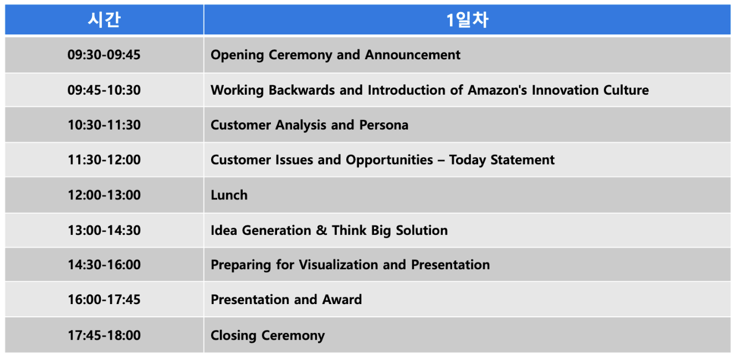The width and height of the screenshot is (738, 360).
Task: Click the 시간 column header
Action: pyautogui.click(x=104, y=20)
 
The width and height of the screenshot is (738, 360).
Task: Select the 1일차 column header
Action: pyautogui.click(x=467, y=20)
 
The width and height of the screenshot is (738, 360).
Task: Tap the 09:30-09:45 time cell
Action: pyautogui.click(x=104, y=55)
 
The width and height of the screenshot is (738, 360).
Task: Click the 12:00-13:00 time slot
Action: pyautogui.click(x=104, y=195)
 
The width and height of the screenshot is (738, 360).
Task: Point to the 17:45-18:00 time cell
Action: pyautogui.click(x=104, y=335)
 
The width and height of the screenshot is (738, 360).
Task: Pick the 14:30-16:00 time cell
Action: pyautogui.click(x=104, y=265)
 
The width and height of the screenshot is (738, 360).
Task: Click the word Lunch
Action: pyautogui.click(x=229, y=195)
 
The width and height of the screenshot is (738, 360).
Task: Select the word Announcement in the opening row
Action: pyautogui.click(x=412, y=55)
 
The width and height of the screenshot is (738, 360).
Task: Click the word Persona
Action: pyautogui.click(x=383, y=125)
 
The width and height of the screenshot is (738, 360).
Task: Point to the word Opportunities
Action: pyautogui.click(x=389, y=160)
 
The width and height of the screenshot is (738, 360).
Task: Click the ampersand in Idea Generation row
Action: pyautogui.click(x=321, y=230)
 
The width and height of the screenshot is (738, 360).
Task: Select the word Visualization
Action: pyautogui.click(x=339, y=265)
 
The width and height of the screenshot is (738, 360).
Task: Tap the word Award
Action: pyautogui.click(x=342, y=300)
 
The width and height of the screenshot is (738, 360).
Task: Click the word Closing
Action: pyautogui.click(x=233, y=336)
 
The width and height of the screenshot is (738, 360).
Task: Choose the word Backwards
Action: pyautogui.click(x=301, y=90)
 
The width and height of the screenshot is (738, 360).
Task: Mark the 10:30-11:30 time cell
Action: pyautogui.click(x=104, y=125)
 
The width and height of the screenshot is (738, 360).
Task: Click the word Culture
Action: pyautogui.click(x=626, y=90)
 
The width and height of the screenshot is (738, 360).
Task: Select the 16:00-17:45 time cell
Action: pyautogui.click(x=104, y=300)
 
